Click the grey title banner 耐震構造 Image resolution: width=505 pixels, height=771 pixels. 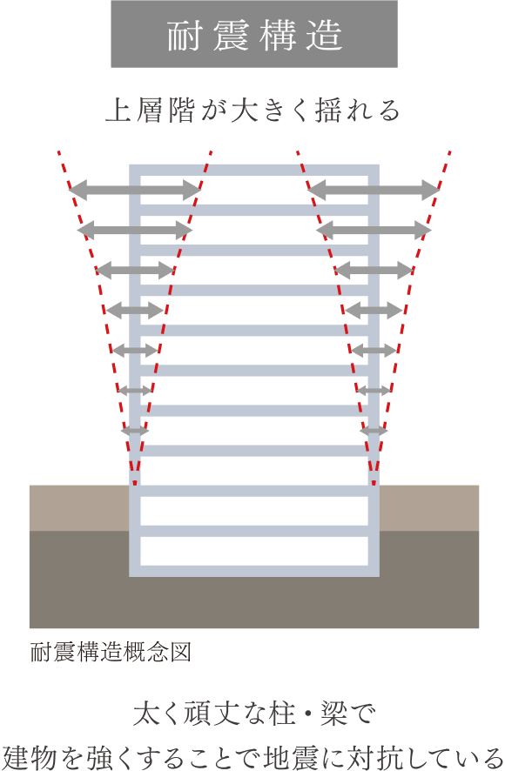click(x=254, y=34)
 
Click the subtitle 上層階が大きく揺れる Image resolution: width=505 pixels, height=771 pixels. click(x=253, y=111)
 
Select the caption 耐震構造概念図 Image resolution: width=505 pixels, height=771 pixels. click(x=111, y=653)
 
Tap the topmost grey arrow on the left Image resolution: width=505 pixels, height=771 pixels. click(x=135, y=190)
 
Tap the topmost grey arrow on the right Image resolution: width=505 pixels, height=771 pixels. click(x=374, y=190)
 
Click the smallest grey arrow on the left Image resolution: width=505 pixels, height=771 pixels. click(x=135, y=431)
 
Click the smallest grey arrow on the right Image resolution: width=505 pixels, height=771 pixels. click(x=374, y=431)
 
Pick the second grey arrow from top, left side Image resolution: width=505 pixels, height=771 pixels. click(x=135, y=230)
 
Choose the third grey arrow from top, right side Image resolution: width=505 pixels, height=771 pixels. click(x=374, y=270)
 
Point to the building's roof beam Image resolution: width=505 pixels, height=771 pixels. click(x=254, y=171)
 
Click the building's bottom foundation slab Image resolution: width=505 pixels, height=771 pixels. click(x=254, y=571)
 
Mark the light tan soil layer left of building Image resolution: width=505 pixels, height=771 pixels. click(x=79, y=508)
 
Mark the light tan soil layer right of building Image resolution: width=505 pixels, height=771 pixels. click(x=429, y=508)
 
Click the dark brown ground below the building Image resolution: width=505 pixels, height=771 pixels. click(x=254, y=602)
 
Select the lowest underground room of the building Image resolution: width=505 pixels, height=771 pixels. click(x=254, y=551)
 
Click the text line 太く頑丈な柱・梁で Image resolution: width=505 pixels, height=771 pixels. click(x=254, y=714)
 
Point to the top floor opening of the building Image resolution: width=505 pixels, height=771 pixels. click(x=254, y=190)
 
